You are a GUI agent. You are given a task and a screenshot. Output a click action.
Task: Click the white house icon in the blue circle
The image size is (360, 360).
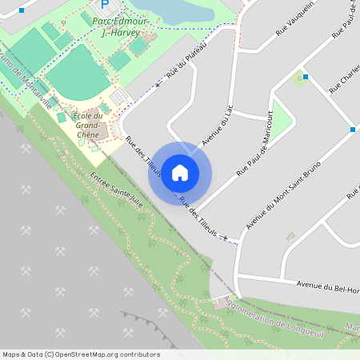(180, 172)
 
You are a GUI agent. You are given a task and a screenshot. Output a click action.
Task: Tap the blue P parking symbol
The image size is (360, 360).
(104, 4)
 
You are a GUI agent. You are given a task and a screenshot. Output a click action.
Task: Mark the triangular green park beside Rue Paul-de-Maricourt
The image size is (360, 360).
(282, 119)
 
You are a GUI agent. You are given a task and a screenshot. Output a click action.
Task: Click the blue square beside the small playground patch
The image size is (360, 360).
(306, 77)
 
